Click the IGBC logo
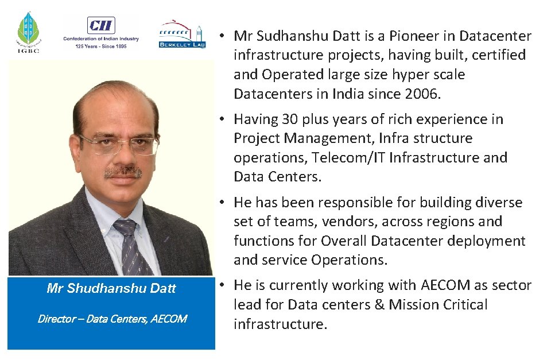[28, 33]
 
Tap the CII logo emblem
[101, 25]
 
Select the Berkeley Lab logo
[181, 35]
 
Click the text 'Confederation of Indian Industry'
[101, 39]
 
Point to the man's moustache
[122, 171]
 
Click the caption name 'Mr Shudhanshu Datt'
[111, 288]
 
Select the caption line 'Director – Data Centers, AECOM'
[112, 318]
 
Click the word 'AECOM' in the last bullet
[443, 285]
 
